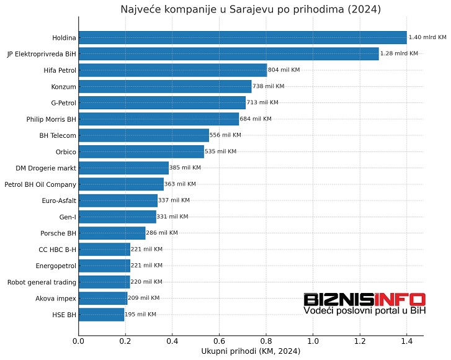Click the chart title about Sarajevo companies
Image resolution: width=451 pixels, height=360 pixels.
(251, 9)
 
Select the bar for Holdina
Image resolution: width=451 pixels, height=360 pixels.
(242, 38)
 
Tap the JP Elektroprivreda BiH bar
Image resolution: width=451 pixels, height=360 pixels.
(228, 54)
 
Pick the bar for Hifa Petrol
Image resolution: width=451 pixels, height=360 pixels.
(172, 70)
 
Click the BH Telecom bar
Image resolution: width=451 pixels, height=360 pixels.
(143, 135)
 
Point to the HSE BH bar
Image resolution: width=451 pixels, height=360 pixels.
(101, 315)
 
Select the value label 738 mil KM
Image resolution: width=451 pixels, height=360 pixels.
(269, 87)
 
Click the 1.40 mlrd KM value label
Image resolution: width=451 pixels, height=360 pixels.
(427, 38)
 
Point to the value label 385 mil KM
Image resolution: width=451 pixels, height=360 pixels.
(185, 168)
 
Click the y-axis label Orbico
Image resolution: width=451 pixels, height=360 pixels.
(66, 152)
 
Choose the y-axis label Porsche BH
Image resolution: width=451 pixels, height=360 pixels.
(58, 233)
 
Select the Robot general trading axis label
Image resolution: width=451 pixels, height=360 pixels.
(42, 282)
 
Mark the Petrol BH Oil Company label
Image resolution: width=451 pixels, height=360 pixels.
(40, 184)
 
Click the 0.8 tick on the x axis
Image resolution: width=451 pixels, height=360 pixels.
(266, 341)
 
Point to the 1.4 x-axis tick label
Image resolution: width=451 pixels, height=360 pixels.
(406, 341)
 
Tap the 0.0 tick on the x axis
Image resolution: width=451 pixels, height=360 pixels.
(78, 341)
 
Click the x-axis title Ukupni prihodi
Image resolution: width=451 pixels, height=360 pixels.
(251, 352)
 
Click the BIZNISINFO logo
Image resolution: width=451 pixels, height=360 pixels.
(364, 299)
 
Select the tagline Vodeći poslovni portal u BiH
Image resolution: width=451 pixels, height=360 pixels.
(364, 310)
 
